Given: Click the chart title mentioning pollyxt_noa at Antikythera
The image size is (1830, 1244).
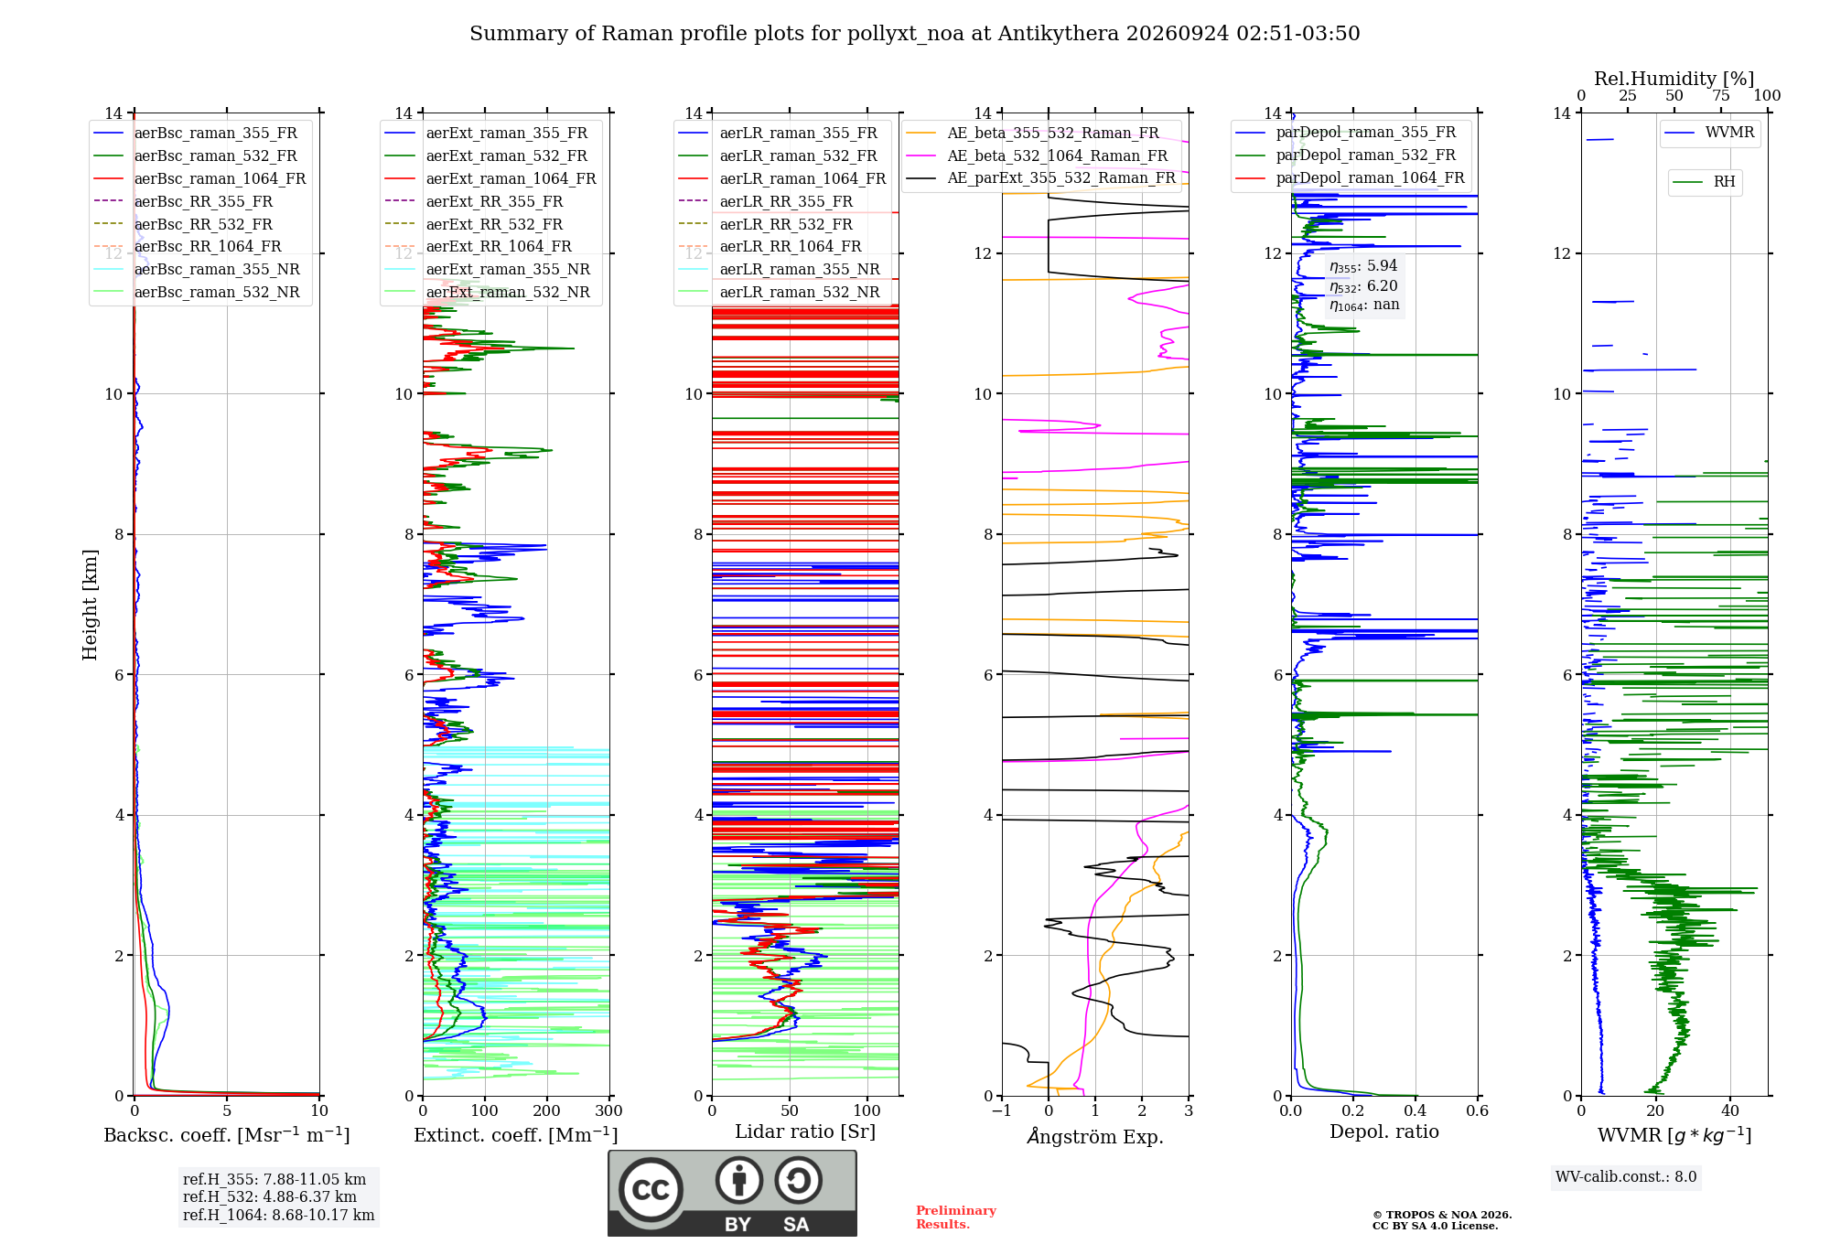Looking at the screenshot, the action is click(914, 34).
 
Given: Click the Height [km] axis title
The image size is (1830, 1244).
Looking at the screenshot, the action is click(90, 605).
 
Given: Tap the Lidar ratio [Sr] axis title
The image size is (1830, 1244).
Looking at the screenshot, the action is click(805, 1131).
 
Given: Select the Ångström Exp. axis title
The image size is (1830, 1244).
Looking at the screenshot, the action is click(1095, 1136).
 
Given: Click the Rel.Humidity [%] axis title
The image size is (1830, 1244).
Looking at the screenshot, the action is click(1674, 79).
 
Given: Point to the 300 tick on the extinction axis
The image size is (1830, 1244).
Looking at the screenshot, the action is click(609, 1110).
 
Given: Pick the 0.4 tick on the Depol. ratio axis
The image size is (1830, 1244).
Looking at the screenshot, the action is click(1416, 1110).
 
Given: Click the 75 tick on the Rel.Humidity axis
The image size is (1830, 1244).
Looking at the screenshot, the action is click(1721, 95).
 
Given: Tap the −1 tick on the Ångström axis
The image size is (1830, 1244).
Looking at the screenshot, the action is click(1001, 1110).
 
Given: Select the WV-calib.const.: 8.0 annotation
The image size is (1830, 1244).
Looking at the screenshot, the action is click(1626, 1176).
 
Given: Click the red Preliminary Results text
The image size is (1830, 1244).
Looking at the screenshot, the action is click(956, 1217).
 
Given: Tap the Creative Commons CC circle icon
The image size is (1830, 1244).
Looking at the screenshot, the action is click(651, 1190).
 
